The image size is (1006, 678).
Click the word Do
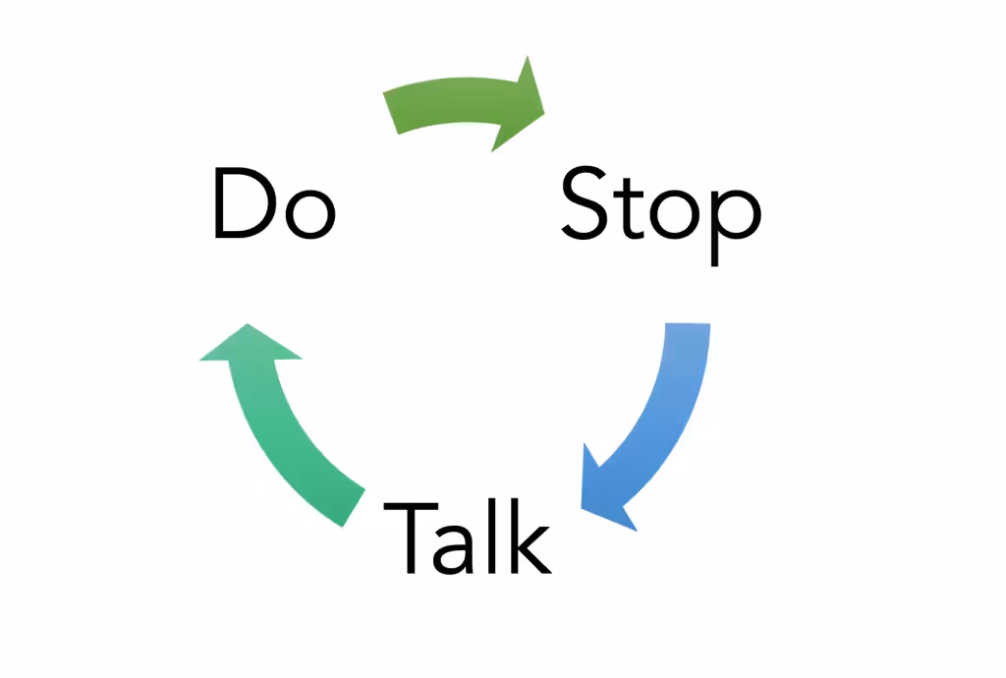click(275, 203)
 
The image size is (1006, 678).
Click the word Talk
click(467, 537)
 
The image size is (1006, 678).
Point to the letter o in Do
click(310, 213)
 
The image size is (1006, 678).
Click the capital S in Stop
click(585, 202)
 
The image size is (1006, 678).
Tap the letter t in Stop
click(631, 207)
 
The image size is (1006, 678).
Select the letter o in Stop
click(674, 213)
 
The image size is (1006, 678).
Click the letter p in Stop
click(735, 226)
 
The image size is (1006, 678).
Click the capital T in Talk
click(411, 537)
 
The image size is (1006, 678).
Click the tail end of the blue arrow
click(688, 323)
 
